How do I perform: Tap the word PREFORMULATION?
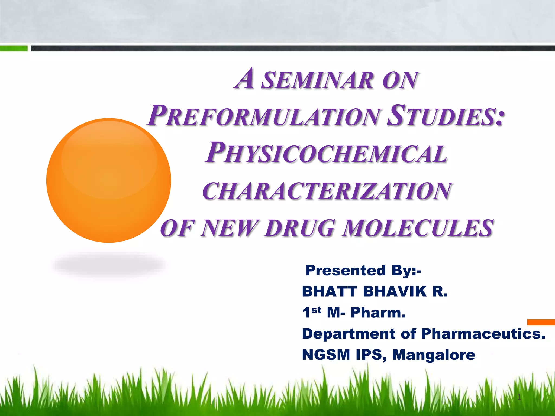(x=264, y=116)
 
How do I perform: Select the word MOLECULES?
(x=417, y=228)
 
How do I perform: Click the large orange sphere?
(x=108, y=180)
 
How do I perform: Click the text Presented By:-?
(x=363, y=271)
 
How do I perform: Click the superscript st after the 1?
(x=316, y=310)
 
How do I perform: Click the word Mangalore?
(x=434, y=355)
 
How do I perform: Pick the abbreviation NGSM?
(x=326, y=355)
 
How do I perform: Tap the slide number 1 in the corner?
(x=519, y=397)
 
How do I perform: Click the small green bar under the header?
(x=14, y=48)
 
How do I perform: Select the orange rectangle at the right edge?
(x=541, y=322)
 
